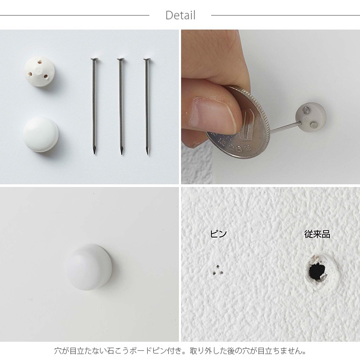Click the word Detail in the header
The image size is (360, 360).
coord(181,16)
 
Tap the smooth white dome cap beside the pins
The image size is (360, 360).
coord(41,134)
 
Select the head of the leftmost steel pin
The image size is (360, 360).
coord(94,60)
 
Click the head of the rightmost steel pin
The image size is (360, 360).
coord(147,60)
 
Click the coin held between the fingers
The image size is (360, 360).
coord(239,121)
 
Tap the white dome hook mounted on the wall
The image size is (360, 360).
coord(89,267)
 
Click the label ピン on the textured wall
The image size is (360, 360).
coord(218,234)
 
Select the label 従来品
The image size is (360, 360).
coord(318,234)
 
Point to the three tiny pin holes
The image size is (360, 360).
coord(218,270)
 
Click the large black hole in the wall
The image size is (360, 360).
coord(317,272)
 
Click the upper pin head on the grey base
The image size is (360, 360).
coord(305,111)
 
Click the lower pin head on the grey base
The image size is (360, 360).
coord(314,125)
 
